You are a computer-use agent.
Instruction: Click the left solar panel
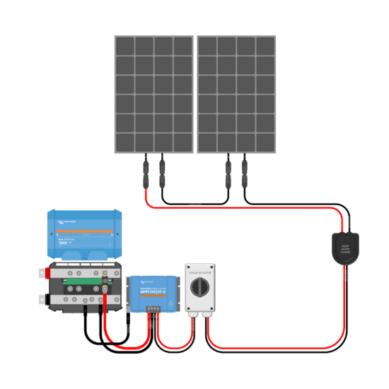(153, 93)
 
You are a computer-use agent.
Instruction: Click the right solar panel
(236, 93)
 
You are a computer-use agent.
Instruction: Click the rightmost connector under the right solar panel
(245, 172)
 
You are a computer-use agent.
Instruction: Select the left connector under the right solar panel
(228, 172)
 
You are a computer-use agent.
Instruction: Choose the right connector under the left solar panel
(162, 172)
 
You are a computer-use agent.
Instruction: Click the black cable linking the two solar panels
(195, 203)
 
